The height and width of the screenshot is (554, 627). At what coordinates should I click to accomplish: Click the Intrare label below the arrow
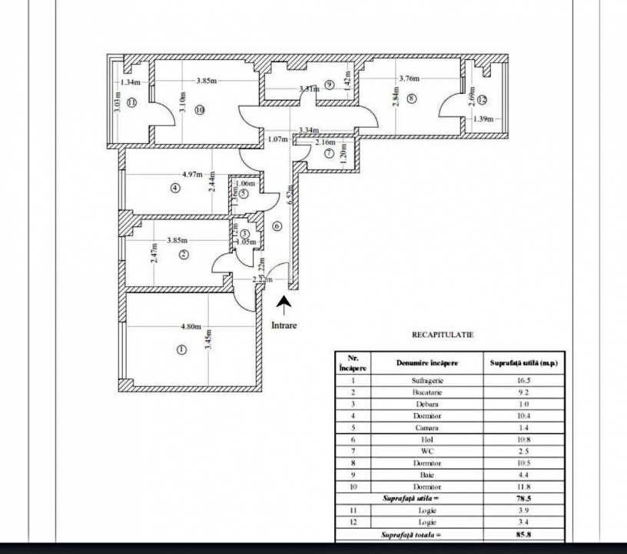[284, 325]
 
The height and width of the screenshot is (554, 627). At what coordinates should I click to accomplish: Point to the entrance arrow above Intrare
[284, 306]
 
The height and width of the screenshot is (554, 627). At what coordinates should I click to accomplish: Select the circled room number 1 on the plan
[181, 349]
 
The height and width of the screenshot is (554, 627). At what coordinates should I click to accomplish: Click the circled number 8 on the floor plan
[412, 98]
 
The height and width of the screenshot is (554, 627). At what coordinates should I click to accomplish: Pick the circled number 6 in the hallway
[277, 226]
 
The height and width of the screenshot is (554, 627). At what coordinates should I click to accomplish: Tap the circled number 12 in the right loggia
[482, 100]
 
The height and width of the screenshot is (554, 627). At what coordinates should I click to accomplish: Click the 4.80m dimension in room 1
[191, 326]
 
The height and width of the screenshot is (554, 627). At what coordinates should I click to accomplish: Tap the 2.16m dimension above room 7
[326, 143]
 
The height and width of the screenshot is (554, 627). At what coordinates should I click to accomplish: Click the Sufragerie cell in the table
[428, 380]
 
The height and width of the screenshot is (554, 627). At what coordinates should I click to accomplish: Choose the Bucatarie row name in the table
[428, 392]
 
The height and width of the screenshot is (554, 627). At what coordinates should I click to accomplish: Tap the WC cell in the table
[428, 451]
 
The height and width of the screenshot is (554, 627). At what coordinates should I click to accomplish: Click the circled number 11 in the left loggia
[131, 102]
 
